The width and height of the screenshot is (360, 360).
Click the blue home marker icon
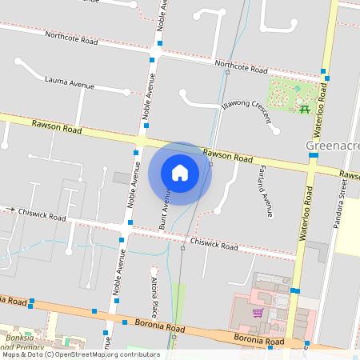tap(180, 173)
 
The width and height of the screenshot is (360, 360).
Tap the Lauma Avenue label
tap(70, 82)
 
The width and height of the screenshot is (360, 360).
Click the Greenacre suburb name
tap(333, 146)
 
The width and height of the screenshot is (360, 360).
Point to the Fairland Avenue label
tap(266, 192)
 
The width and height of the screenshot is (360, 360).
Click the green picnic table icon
tap(304, 109)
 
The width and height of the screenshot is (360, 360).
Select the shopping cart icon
tap(258, 313)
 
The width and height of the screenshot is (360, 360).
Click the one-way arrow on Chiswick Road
tap(11, 210)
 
